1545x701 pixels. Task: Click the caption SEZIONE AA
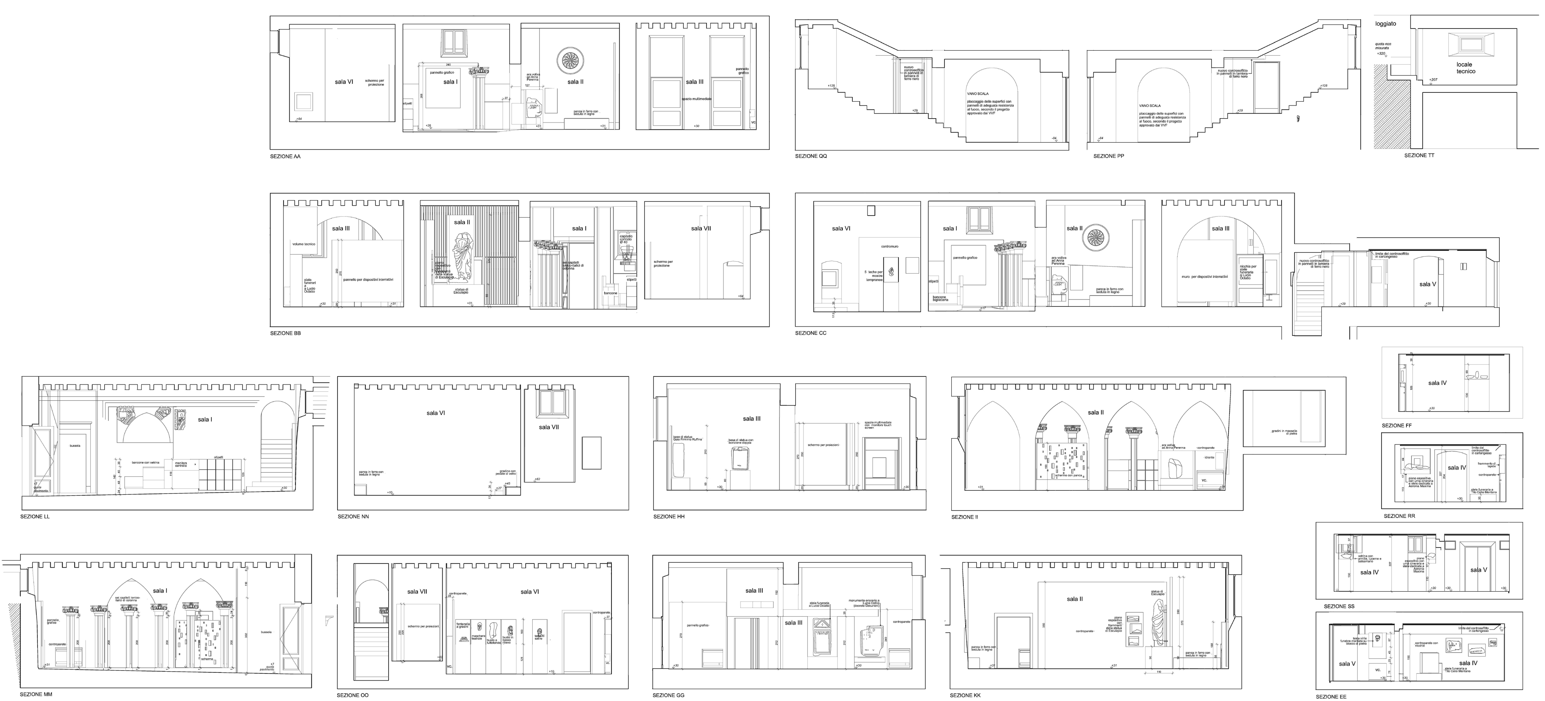[x=285, y=157]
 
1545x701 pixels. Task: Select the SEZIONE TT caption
[x=1419, y=155]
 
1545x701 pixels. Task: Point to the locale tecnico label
[x=1465, y=68]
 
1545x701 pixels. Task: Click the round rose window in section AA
[x=571, y=61]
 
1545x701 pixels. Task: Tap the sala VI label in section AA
[x=344, y=82]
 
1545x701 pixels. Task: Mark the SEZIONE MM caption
[x=36, y=694]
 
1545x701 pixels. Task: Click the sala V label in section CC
[x=1428, y=284]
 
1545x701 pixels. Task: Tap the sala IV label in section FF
[x=1437, y=383]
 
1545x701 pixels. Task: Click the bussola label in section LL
[x=75, y=446]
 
